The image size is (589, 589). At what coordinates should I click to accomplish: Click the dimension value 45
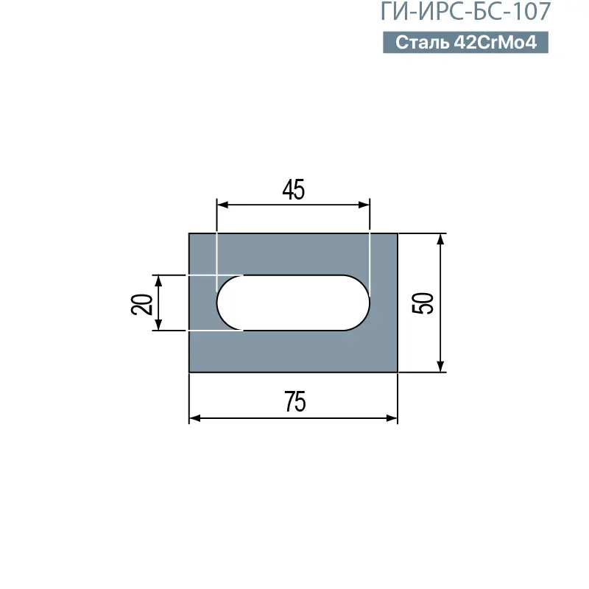point(293,190)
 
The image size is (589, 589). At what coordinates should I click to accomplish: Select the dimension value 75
point(295,401)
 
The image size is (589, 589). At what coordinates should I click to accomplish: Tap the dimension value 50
point(423,303)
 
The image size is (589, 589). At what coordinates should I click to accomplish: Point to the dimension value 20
point(141,304)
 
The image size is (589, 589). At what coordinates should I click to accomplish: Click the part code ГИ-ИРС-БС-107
point(465,11)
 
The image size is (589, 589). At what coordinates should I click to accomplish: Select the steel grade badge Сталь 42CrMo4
point(465,42)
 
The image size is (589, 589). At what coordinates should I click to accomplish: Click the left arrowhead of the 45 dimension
point(223,205)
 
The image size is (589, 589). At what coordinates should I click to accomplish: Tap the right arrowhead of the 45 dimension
point(364,205)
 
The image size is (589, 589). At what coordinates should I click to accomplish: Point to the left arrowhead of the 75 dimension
point(194,418)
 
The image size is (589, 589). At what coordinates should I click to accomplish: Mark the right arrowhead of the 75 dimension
point(392,418)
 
